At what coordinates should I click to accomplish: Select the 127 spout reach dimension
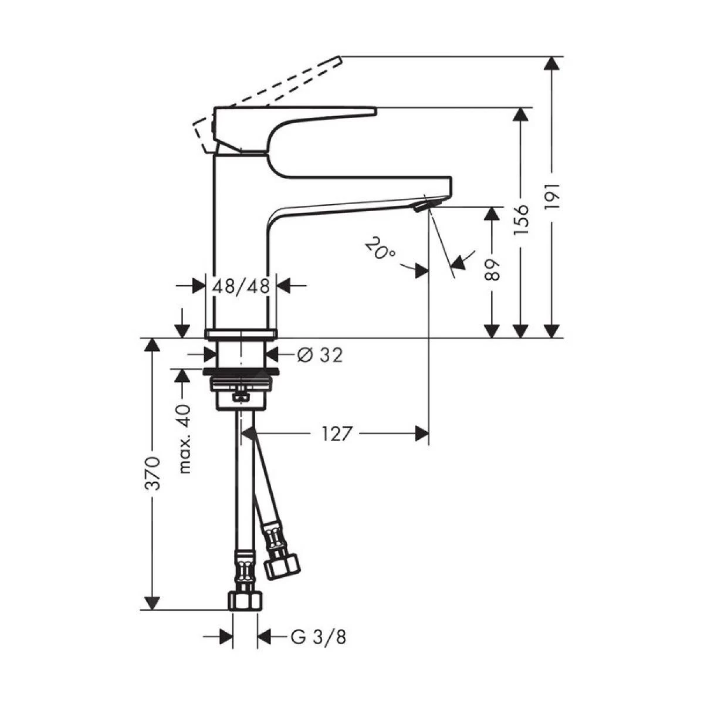click(x=337, y=434)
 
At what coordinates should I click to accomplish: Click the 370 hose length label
click(x=153, y=473)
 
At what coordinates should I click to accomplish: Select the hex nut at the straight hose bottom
click(x=244, y=601)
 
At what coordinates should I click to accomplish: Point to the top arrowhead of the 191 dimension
click(x=551, y=64)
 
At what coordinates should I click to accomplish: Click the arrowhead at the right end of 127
click(x=422, y=434)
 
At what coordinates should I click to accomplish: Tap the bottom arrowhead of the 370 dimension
click(x=152, y=603)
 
